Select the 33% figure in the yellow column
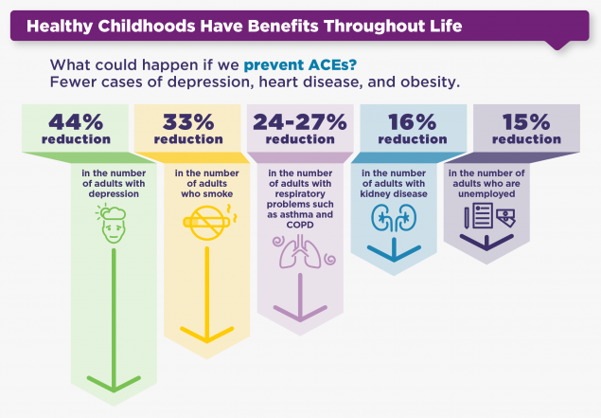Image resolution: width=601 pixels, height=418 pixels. (187, 122)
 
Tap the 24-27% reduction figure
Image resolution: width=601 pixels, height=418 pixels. (300, 122)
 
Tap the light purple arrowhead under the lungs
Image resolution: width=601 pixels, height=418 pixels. (300, 312)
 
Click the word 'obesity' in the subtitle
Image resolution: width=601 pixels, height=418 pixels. (428, 83)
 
